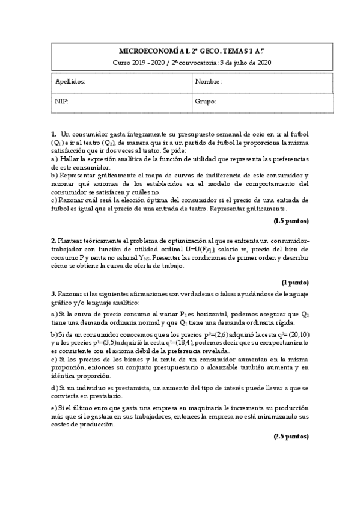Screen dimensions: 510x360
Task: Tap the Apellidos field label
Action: pos(70,81)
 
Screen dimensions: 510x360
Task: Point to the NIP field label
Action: pos(62,102)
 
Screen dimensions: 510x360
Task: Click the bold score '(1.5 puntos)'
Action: pos(291,221)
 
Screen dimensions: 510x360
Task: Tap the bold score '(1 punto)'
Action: pos(294,281)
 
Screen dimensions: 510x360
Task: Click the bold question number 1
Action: pos(53,134)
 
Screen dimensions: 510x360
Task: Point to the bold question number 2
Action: pos(53,240)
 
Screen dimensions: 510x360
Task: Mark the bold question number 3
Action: pos(53,293)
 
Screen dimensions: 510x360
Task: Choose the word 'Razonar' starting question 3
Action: pos(69,293)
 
